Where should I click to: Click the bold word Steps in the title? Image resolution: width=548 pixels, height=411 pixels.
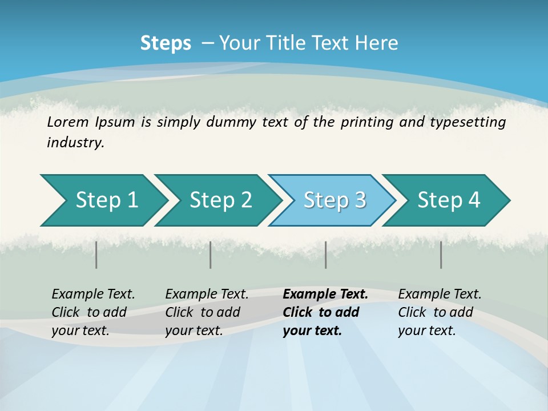click(x=166, y=43)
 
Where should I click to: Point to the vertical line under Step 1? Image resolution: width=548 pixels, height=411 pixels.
click(x=96, y=255)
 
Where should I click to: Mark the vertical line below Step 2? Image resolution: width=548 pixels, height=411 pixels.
click(x=211, y=255)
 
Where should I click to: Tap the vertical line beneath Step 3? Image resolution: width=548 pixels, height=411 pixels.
click(x=325, y=255)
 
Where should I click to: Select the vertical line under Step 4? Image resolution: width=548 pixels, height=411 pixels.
click(x=441, y=255)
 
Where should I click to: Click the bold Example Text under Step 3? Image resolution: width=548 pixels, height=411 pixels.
click(x=325, y=294)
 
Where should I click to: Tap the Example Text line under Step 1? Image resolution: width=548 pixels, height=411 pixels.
click(x=93, y=294)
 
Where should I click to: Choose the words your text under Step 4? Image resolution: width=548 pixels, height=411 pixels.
click(x=426, y=331)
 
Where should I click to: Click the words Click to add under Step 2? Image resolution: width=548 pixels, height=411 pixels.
click(x=203, y=312)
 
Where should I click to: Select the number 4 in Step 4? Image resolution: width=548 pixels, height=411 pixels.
click(x=474, y=200)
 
